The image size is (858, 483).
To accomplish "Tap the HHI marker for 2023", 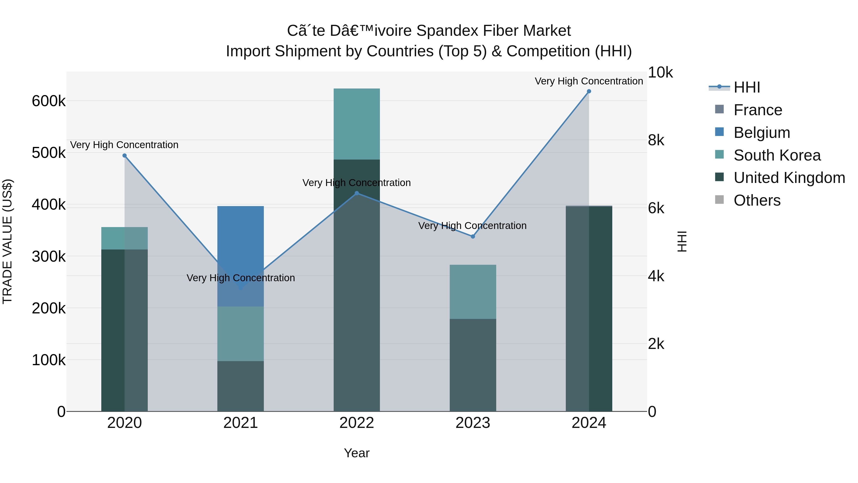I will pyautogui.click(x=473, y=236).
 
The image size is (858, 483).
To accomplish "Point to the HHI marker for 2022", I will pyautogui.click(x=357, y=193).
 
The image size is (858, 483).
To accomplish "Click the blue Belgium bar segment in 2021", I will pyautogui.click(x=240, y=233).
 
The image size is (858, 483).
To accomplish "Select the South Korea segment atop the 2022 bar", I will pyautogui.click(x=357, y=124).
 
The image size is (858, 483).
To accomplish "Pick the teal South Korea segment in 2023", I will pyautogui.click(x=473, y=292).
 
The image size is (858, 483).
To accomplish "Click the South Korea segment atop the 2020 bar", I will pyautogui.click(x=125, y=238).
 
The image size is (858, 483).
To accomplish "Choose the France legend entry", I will pyautogui.click(x=757, y=110).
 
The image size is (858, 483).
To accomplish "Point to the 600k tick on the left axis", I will pyautogui.click(x=49, y=101).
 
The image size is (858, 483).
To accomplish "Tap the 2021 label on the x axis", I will pyautogui.click(x=240, y=423).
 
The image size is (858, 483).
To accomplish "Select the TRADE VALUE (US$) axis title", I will pyautogui.click(x=7, y=241).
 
